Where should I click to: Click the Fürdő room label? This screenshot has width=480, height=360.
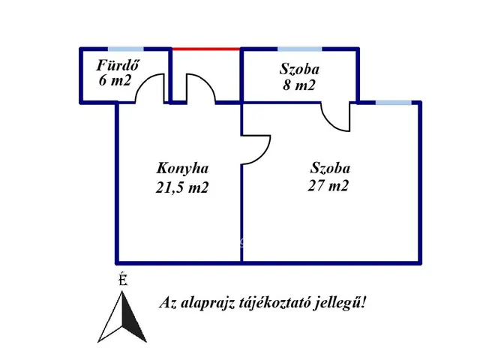click(118, 65)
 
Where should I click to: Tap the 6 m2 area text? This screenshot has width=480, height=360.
click(115, 80)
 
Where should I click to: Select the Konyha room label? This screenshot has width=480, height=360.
click(182, 169)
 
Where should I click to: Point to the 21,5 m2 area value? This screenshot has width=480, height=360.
click(181, 187)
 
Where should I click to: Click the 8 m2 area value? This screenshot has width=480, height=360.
click(298, 85)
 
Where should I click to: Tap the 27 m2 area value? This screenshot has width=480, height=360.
click(328, 185)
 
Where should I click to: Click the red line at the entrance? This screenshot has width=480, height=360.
click(206, 49)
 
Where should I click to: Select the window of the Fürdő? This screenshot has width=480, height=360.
click(125, 49)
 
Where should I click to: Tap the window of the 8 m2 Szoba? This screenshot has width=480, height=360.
click(300, 49)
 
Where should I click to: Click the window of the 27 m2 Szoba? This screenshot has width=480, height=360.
click(393, 103)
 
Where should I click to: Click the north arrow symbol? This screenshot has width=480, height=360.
click(122, 317)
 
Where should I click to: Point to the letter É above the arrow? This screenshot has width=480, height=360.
click(123, 279)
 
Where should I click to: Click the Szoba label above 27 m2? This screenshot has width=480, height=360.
click(330, 168)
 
